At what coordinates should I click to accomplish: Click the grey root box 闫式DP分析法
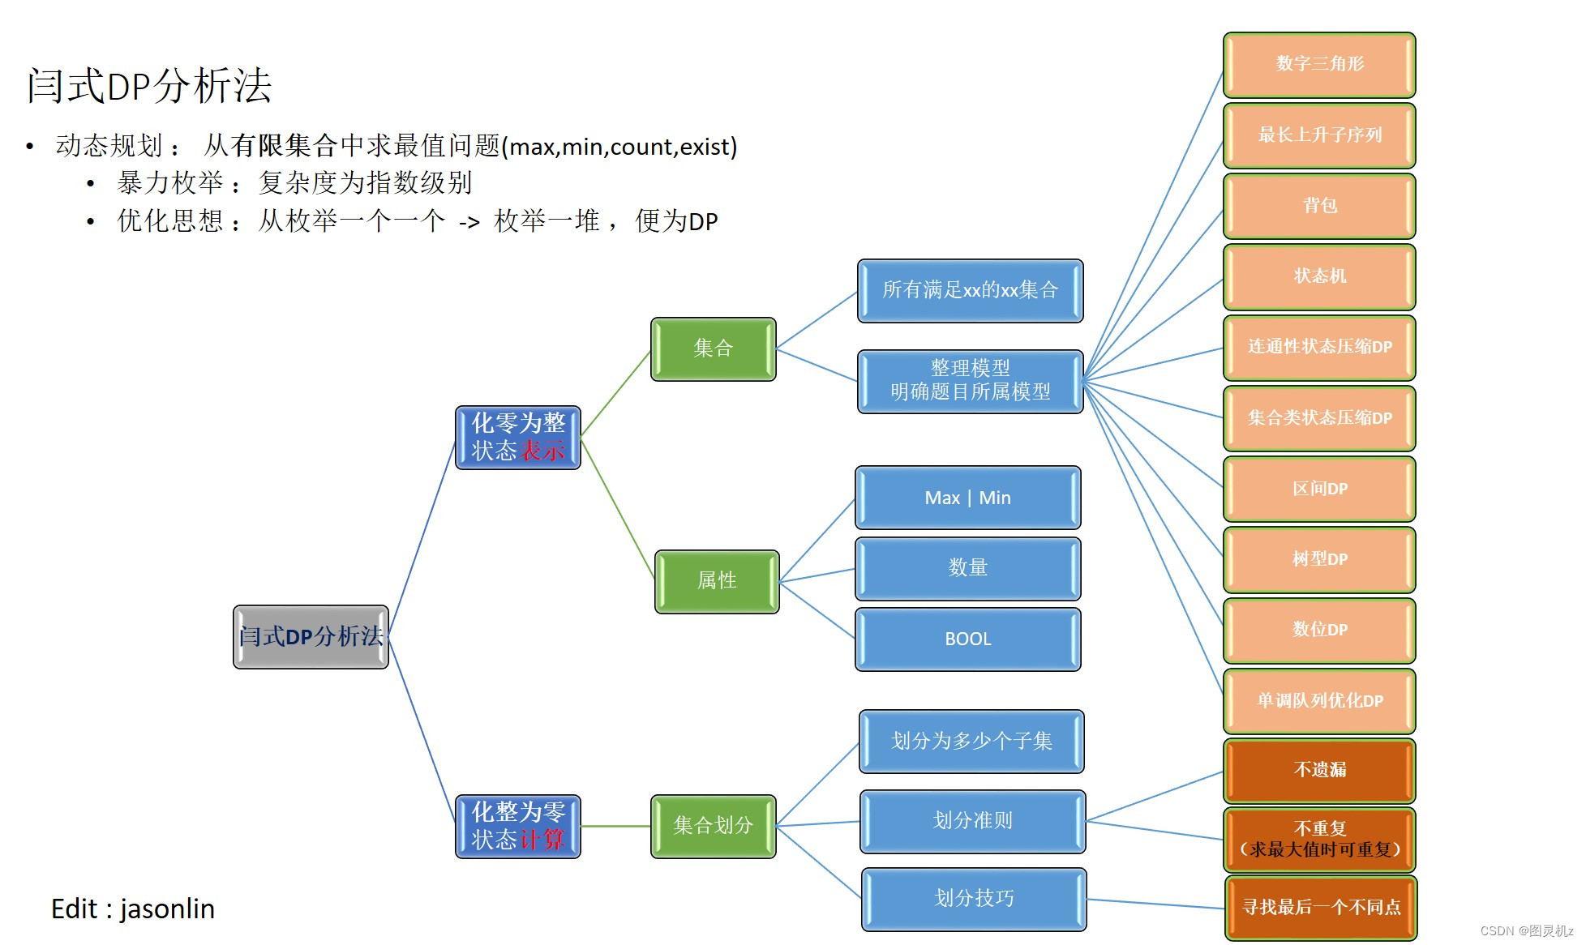pos(311,636)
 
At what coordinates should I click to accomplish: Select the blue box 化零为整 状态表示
pos(518,438)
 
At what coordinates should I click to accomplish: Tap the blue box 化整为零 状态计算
pos(518,826)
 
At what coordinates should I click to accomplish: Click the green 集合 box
pos(713,348)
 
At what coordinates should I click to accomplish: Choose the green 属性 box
pos(717,581)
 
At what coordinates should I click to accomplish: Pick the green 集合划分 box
pos(713,826)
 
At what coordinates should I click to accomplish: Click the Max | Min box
pos(967,498)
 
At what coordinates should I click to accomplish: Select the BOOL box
pos(967,639)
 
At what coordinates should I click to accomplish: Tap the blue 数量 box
pos(967,568)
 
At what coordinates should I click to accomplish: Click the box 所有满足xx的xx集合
pos(970,290)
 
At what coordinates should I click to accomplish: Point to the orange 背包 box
pos(1319,206)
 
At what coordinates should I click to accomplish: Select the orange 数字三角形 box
pos(1319,64)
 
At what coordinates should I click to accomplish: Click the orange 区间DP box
pos(1319,489)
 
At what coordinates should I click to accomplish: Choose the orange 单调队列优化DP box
pos(1319,701)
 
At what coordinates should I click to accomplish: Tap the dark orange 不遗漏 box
pos(1319,770)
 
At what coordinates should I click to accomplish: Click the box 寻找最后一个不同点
pos(1321,908)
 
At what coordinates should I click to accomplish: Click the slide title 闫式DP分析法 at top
pos(149,85)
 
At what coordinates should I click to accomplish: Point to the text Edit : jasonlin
pos(133,909)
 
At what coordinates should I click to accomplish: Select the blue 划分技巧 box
pos(973,899)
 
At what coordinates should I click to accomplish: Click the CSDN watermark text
pos(1526,930)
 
